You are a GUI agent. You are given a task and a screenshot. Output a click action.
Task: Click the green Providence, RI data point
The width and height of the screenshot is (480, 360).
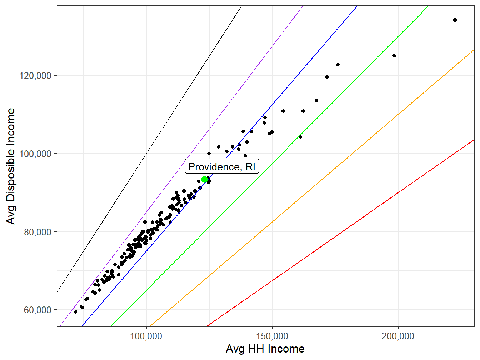tap(204, 179)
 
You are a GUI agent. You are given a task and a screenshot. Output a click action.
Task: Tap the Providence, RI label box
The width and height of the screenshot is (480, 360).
tap(221, 167)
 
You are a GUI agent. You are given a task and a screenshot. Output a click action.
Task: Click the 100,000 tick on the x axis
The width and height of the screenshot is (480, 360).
tap(146, 336)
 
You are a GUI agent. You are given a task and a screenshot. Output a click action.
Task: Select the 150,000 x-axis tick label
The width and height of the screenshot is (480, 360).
tap(272, 336)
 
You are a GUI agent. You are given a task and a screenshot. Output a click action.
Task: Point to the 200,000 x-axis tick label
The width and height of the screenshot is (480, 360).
tap(398, 336)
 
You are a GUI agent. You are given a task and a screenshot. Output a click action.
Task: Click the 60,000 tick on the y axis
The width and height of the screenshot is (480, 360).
tap(38, 310)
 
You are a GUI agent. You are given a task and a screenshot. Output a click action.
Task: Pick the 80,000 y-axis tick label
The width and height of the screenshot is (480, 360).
tap(38, 232)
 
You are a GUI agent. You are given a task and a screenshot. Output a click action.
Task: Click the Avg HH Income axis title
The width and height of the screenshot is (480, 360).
tap(265, 349)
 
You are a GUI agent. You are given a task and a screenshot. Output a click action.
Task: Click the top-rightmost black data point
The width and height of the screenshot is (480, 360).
tap(455, 20)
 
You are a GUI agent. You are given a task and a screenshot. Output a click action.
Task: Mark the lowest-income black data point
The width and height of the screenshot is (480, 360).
tap(76, 312)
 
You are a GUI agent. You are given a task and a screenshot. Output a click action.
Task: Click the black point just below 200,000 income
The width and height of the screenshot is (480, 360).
tap(394, 56)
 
